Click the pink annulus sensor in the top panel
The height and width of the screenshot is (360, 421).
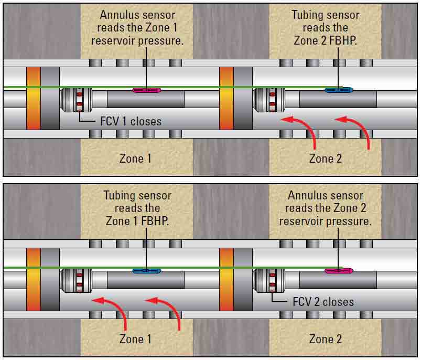(147, 90)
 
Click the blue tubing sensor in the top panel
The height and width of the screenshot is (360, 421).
(338, 90)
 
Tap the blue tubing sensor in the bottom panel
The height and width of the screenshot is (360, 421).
(147, 271)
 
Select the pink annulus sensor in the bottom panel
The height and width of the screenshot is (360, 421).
(339, 271)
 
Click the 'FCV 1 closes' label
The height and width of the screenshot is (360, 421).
(131, 121)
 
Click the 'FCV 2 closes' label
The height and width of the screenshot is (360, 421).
(322, 302)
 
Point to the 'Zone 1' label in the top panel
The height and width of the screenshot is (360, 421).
(135, 158)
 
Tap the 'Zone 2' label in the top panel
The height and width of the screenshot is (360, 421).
(325, 158)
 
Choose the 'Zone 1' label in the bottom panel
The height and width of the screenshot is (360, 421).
(135, 338)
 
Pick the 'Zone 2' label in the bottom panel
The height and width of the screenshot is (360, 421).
(325, 338)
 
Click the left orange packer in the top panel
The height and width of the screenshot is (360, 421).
(33, 98)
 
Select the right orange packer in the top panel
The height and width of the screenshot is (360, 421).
(226, 98)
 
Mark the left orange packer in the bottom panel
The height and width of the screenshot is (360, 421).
(33, 279)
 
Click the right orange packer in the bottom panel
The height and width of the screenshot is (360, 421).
(226, 279)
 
